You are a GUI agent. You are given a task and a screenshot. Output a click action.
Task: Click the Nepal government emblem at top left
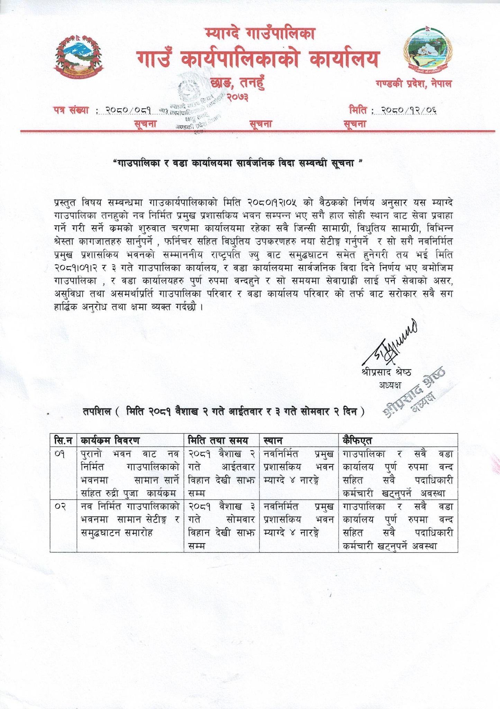(80, 57)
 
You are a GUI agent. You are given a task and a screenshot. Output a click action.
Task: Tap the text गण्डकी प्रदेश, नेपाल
(414, 84)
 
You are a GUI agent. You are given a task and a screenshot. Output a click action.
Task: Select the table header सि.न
(63, 440)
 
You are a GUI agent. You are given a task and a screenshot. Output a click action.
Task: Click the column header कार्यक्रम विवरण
(110, 440)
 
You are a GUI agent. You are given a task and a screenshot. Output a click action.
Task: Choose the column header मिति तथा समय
(218, 440)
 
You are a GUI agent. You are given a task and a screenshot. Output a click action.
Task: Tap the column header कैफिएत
(357, 440)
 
